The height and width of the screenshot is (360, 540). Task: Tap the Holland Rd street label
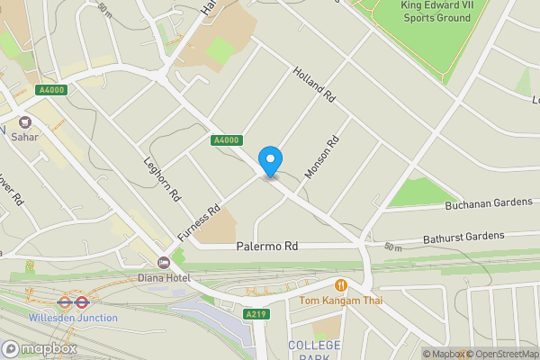[x=314, y=84]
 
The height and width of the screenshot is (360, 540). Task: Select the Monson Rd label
[x=320, y=156]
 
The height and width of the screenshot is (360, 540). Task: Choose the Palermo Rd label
[x=266, y=246]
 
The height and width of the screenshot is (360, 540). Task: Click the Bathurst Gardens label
[x=463, y=238]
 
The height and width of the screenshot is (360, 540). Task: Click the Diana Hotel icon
[x=163, y=263]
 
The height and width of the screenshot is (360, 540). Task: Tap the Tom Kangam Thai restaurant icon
[x=340, y=284]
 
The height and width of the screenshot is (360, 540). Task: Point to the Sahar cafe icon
[x=25, y=122]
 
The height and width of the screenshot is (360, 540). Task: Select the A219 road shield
[x=256, y=314]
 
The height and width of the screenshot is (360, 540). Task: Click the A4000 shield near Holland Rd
[x=226, y=139]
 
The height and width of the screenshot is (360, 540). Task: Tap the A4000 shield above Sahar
[x=51, y=90]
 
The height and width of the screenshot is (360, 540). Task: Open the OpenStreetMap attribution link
[x=499, y=354]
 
